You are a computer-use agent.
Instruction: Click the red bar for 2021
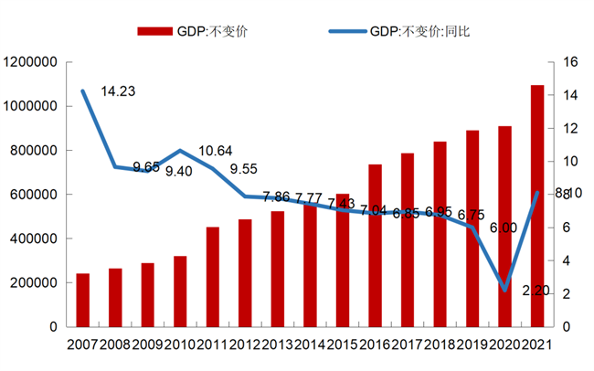pyautogui.click(x=536, y=206)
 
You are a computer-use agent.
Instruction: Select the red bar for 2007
pyautogui.click(x=82, y=300)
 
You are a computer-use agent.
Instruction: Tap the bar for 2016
pyautogui.click(x=375, y=245)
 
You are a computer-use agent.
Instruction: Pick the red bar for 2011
pyautogui.click(x=212, y=276)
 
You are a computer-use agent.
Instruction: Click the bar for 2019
pyautogui.click(x=472, y=228)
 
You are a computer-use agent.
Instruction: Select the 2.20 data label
pyautogui.click(x=536, y=290)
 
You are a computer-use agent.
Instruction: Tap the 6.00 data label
pyautogui.click(x=503, y=228)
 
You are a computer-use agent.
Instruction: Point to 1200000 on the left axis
pyautogui.click(x=31, y=62)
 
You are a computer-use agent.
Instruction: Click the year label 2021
pyautogui.click(x=536, y=344)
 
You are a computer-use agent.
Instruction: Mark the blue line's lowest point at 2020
pyautogui.click(x=504, y=290)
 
